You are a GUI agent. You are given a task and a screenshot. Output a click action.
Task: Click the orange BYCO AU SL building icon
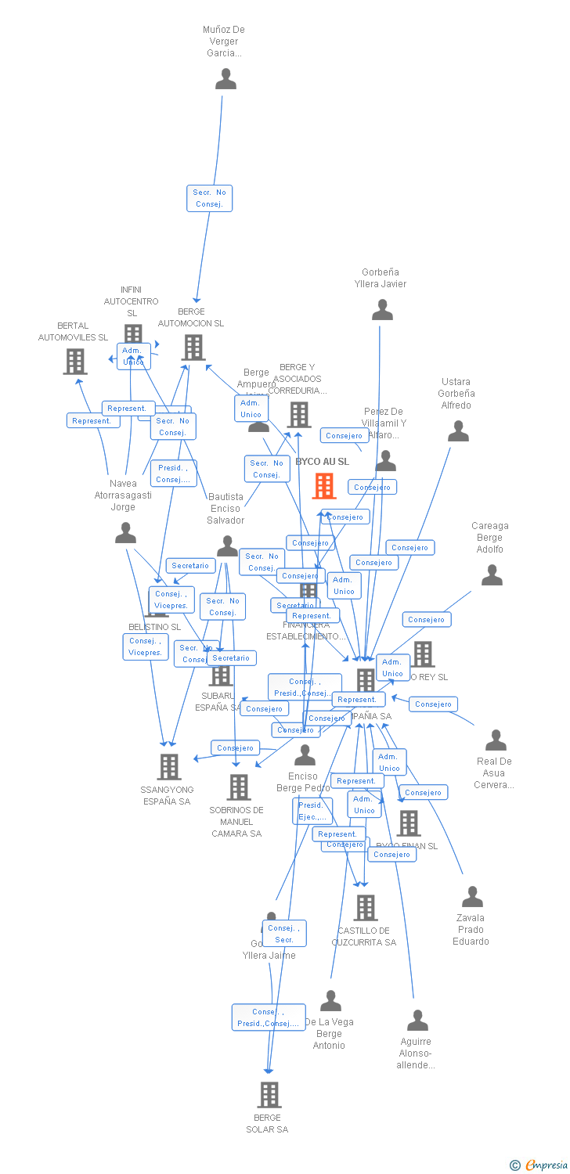click(324, 486)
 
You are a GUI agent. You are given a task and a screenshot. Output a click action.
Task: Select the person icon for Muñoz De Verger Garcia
click(225, 79)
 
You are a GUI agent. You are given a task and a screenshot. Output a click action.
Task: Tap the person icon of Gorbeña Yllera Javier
click(382, 310)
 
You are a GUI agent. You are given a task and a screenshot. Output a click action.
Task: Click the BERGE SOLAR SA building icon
click(269, 1094)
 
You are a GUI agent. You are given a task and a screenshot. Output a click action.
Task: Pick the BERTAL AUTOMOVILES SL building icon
click(75, 361)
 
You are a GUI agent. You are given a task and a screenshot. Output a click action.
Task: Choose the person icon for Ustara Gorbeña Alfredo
click(458, 431)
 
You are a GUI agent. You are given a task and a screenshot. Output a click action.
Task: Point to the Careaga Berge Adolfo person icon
click(492, 575)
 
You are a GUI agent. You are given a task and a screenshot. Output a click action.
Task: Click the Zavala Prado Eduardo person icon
click(472, 897)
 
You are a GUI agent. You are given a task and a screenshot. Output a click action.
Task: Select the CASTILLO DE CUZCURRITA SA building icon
click(365, 908)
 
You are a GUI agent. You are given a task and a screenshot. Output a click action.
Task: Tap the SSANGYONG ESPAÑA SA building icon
click(169, 767)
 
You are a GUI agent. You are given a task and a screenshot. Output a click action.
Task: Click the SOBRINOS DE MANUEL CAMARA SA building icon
click(238, 787)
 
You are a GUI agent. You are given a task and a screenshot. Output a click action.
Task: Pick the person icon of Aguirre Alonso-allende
click(417, 1021)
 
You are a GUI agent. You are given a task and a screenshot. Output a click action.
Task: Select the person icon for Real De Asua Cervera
click(496, 740)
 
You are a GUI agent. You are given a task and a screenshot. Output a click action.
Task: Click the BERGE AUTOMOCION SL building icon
click(193, 347)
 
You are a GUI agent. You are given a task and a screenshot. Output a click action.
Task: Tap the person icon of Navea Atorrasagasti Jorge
click(125, 534)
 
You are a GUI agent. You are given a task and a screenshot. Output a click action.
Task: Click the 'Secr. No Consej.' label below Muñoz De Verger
click(209, 198)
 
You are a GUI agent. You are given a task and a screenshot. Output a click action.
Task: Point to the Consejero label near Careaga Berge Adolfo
click(427, 620)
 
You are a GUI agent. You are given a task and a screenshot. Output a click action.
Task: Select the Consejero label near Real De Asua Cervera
click(433, 704)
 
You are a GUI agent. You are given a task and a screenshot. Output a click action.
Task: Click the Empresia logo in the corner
click(539, 1165)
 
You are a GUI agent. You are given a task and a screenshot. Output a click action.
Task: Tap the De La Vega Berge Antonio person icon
click(330, 1001)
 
